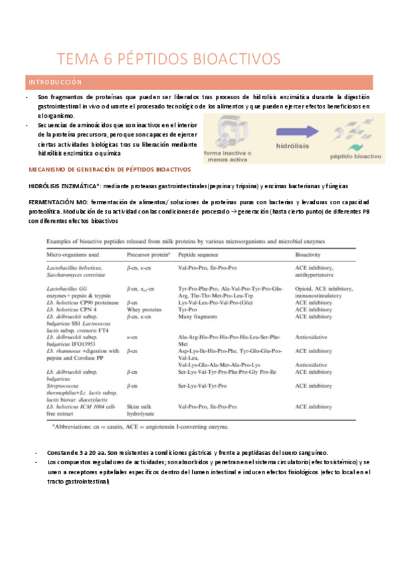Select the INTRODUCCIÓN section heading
[x=55, y=82]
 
